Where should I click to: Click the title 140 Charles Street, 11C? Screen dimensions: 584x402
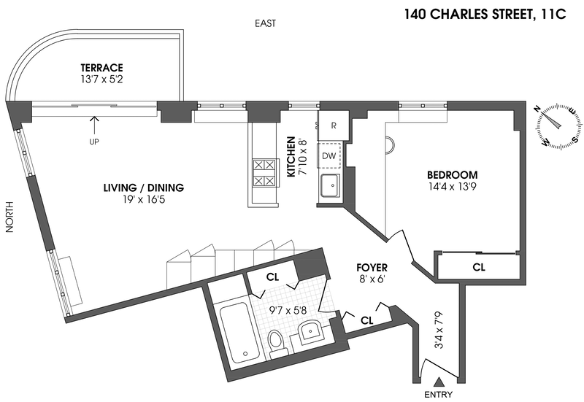[x=485, y=14]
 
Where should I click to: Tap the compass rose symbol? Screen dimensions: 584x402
[x=559, y=127]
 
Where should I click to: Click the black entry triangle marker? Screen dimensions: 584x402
[x=439, y=382]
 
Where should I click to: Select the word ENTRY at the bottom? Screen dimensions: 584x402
[x=439, y=395]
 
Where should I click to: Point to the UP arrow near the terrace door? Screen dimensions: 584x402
[x=95, y=125]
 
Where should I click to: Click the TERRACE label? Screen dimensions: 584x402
[x=101, y=68]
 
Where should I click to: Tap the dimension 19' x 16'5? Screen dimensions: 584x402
[x=144, y=199]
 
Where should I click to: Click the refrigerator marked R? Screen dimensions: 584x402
[x=334, y=125]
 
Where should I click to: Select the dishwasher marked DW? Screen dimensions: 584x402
[x=329, y=155]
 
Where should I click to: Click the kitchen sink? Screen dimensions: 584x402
[x=330, y=185]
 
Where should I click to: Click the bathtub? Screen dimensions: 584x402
[x=237, y=333]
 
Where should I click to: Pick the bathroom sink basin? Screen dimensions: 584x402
[x=310, y=331]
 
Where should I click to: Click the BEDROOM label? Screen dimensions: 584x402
[x=452, y=174]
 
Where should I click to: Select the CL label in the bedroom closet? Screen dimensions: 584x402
[x=479, y=267]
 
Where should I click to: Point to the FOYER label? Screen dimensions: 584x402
[x=372, y=267]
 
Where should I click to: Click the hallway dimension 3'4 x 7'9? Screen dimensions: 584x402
[x=439, y=331]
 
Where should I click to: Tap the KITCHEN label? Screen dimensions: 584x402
[x=291, y=156]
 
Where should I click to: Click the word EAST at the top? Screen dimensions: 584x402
[x=265, y=23]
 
